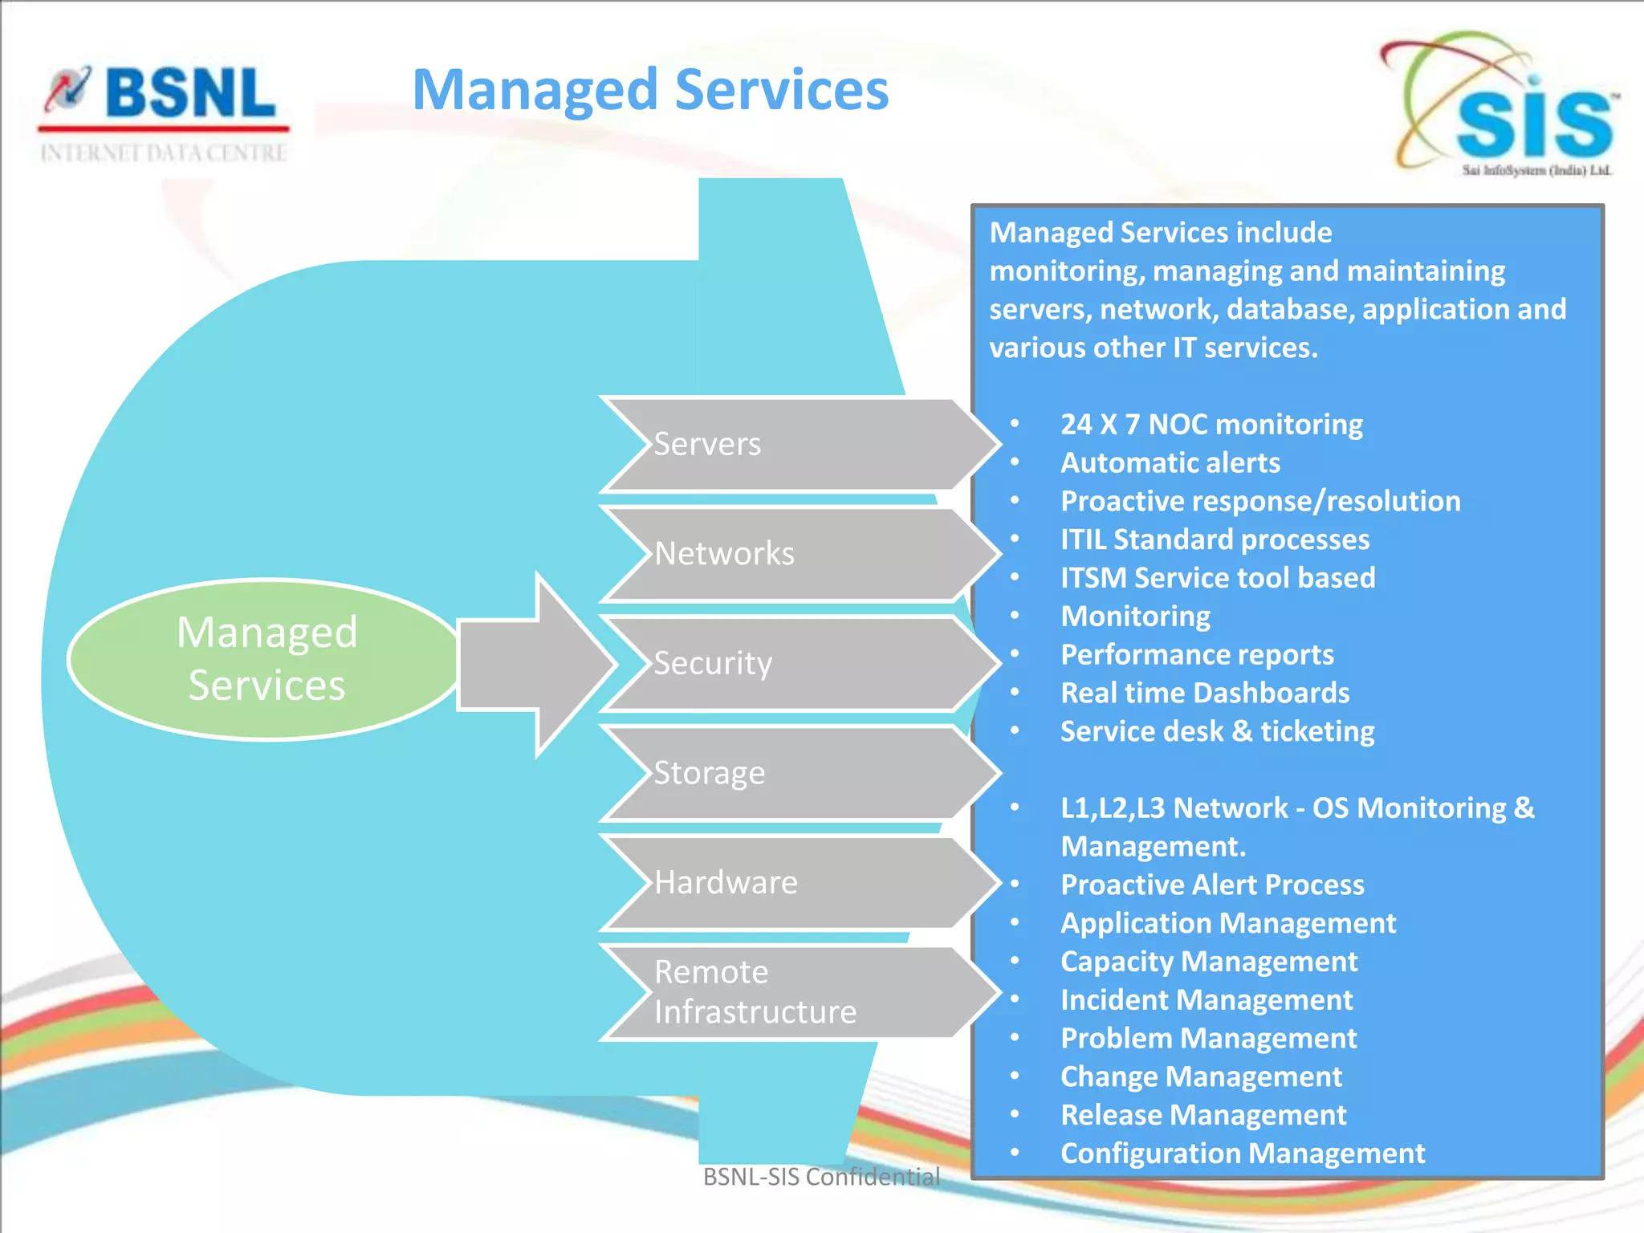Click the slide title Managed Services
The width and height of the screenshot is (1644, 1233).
tap(650, 90)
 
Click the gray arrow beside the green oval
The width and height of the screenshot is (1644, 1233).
tap(534, 665)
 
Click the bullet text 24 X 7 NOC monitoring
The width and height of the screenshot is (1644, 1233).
tap(1211, 424)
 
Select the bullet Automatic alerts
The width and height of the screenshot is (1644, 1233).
tap(1170, 462)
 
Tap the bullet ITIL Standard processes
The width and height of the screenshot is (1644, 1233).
tap(1215, 539)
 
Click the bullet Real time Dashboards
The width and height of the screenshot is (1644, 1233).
tap(1204, 693)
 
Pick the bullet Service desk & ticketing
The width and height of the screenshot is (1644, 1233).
tap(1217, 731)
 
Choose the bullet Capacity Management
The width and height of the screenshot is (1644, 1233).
tap(1208, 962)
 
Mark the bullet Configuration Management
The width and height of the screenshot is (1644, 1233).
tap(1242, 1154)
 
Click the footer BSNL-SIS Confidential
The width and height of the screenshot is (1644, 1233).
tap(820, 1177)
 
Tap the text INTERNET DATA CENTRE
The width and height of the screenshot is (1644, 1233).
tap(164, 153)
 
